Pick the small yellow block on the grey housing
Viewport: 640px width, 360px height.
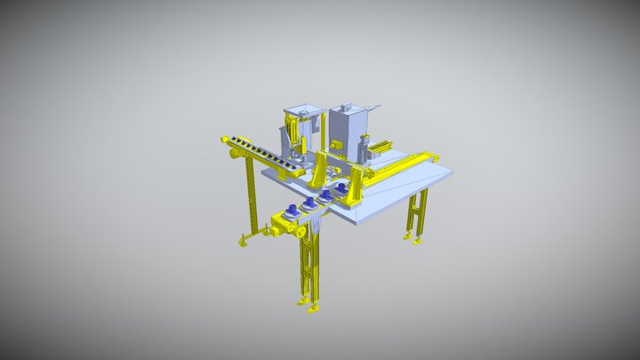(336, 142)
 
